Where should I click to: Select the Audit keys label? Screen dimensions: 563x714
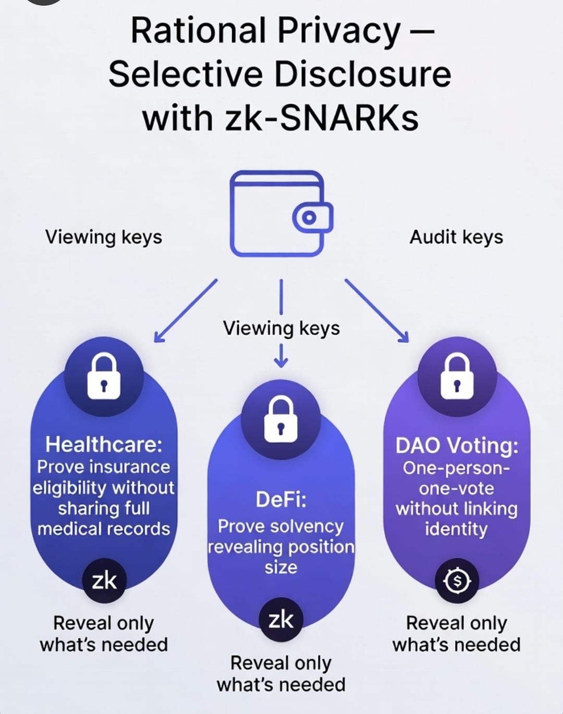click(x=456, y=237)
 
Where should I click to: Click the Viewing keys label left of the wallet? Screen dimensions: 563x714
click(x=104, y=237)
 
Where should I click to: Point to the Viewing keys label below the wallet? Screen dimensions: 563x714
click(x=281, y=328)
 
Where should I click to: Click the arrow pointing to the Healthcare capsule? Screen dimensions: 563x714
click(x=185, y=311)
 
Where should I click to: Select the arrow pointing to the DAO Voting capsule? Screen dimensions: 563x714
click(x=376, y=311)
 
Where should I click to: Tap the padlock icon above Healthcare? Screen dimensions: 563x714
click(x=104, y=376)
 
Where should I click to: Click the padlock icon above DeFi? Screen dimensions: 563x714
click(x=281, y=419)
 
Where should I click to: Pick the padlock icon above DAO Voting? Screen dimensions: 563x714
click(x=457, y=376)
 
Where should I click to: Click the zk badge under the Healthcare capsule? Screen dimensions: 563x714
click(x=104, y=580)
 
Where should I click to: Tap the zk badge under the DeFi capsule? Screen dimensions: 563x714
click(x=281, y=620)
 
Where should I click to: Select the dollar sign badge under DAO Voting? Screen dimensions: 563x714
click(x=457, y=580)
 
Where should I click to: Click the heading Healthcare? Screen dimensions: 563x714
click(x=104, y=445)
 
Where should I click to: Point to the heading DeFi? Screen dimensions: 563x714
click(x=281, y=499)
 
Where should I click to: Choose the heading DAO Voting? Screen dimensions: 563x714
click(x=457, y=446)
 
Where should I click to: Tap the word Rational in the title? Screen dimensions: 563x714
click(x=198, y=31)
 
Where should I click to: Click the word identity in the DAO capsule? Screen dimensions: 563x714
click(x=456, y=529)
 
